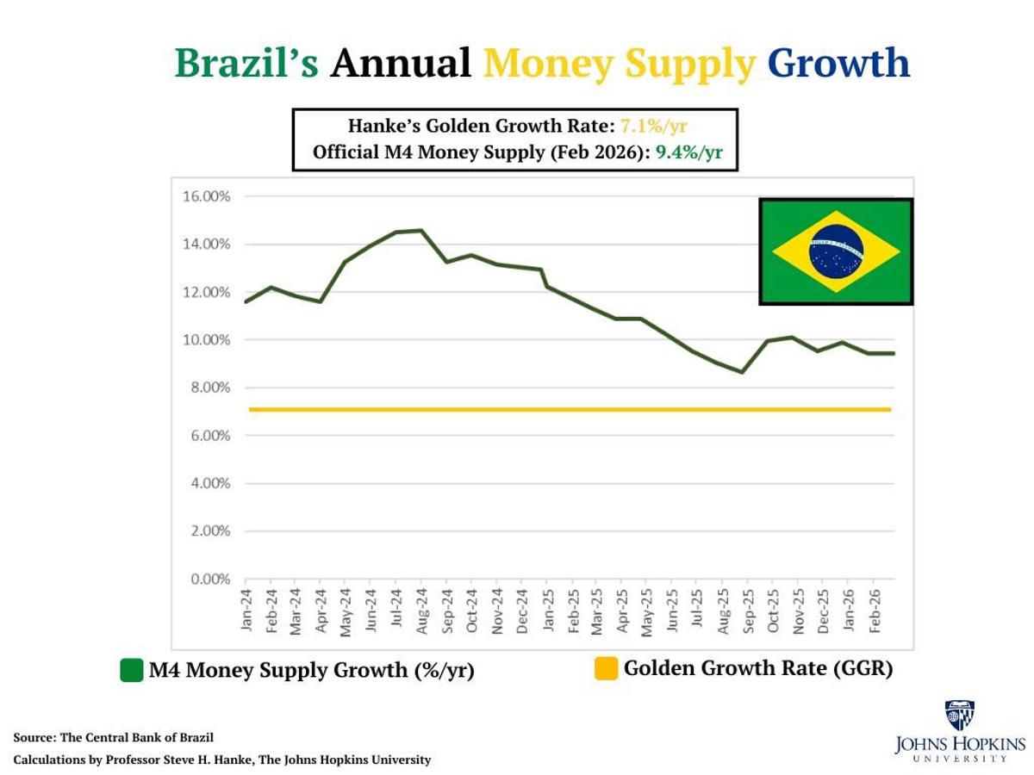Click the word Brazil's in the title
[246, 63]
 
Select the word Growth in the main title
[838, 63]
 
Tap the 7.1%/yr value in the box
[653, 127]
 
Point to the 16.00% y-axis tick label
[206, 196]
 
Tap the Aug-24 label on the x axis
[421, 612]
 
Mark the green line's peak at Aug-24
[420, 230]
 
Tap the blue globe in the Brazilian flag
[836, 251]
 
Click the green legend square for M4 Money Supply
[131, 670]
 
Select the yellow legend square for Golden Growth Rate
[607, 668]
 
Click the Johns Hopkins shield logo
[960, 715]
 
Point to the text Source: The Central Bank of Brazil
[113, 738]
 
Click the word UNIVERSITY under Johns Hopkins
[960, 759]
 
